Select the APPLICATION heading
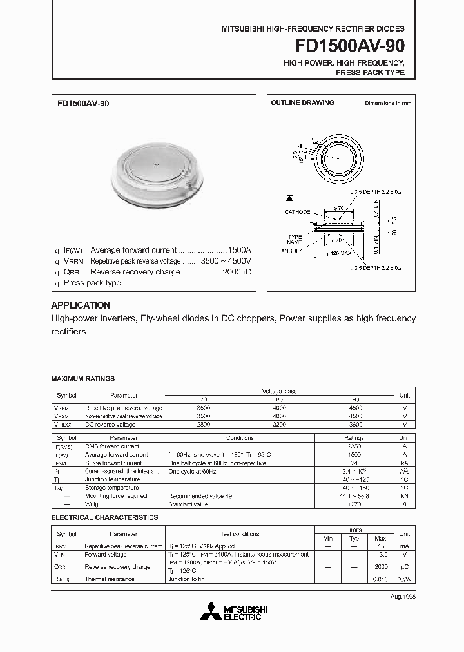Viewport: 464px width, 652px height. pos(81,305)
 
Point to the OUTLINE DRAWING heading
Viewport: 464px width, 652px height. pos(302,103)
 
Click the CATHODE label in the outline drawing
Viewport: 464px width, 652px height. pos(297,211)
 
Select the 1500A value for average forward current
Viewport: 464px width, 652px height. pos(240,250)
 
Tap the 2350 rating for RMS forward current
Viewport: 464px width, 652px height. pos(355,446)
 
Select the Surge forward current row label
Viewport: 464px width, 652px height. pos(113,463)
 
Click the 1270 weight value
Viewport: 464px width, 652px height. pos(355,504)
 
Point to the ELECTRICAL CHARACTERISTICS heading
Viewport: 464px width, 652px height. pos(104,517)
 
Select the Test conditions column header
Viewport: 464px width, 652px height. pos(240,534)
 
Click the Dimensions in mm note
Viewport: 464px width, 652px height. pos(388,103)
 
